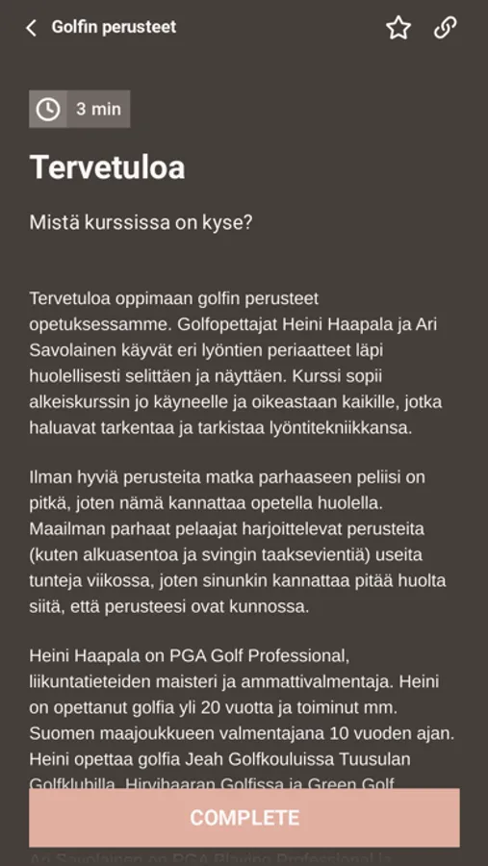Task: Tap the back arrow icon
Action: (x=31, y=28)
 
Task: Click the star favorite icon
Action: (x=398, y=28)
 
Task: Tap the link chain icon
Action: (x=445, y=28)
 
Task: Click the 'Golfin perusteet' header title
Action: (x=114, y=27)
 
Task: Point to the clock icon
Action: (x=47, y=109)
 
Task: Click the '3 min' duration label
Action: (x=98, y=109)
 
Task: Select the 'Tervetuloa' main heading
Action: (x=107, y=167)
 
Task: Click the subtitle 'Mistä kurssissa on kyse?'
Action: (x=141, y=222)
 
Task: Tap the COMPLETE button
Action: (x=244, y=818)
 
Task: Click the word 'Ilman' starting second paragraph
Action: (x=50, y=477)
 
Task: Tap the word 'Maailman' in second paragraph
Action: (x=66, y=529)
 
